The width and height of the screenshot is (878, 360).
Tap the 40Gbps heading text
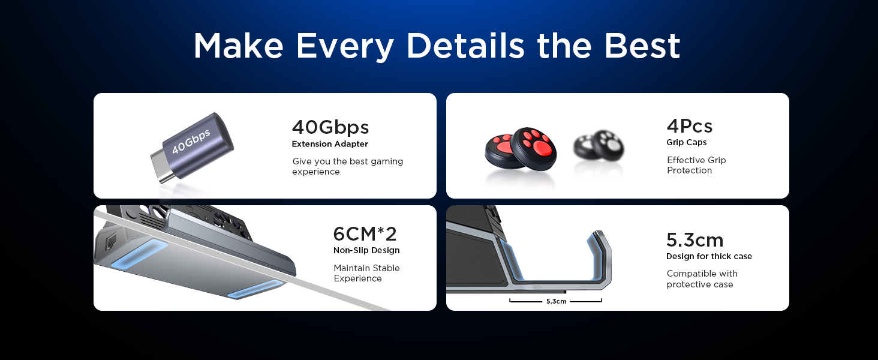pyautogui.click(x=330, y=127)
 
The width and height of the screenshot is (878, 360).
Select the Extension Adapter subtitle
pyautogui.click(x=330, y=144)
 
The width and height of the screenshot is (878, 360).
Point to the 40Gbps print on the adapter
pyautogui.click(x=191, y=140)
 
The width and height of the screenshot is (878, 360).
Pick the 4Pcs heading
pyautogui.click(x=689, y=126)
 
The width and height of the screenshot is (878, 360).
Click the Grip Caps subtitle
pyautogui.click(x=687, y=142)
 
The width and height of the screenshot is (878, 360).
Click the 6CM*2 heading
pyautogui.click(x=365, y=233)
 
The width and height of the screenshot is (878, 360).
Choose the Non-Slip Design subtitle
pyautogui.click(x=366, y=250)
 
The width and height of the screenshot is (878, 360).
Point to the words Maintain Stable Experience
pyautogui.click(x=366, y=273)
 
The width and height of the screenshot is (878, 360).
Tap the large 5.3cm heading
pyautogui.click(x=694, y=240)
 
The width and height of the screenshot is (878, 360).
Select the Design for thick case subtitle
pyautogui.click(x=709, y=256)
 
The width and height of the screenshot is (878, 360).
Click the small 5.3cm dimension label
pyautogui.click(x=556, y=301)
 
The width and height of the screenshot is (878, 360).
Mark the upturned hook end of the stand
pyautogui.click(x=603, y=246)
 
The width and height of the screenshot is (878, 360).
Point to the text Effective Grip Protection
pyautogui.click(x=696, y=165)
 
